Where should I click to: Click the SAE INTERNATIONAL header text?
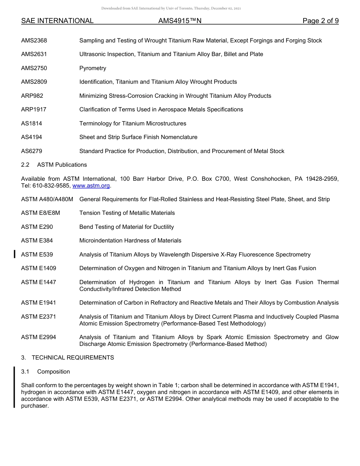[x=57, y=21]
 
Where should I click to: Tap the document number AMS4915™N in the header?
[x=180, y=21]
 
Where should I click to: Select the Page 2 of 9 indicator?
[x=320, y=21]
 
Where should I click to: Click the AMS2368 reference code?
[x=34, y=41]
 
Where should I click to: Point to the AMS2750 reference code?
[x=34, y=68]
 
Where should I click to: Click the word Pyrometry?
[x=92, y=68]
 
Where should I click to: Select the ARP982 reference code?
[x=32, y=96]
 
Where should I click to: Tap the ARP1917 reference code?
[x=34, y=109]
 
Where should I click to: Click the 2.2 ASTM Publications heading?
[x=54, y=165]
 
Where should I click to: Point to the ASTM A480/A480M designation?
[x=47, y=199]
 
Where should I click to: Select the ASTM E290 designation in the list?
[x=37, y=227]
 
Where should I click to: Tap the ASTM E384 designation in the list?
[x=37, y=241]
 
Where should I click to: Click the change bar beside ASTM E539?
[x=14, y=254]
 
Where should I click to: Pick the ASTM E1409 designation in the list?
[x=39, y=268]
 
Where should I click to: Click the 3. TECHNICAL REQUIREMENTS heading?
[x=67, y=358]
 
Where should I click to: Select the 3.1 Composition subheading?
[x=45, y=372]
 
